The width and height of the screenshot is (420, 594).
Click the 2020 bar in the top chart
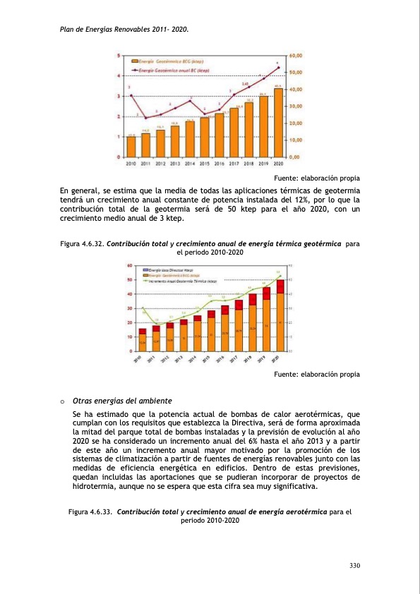tap(278, 122)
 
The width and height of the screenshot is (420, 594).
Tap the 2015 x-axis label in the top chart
tap(205, 164)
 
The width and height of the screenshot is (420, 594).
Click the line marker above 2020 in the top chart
tap(278, 68)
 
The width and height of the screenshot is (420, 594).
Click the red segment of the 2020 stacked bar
tap(280, 286)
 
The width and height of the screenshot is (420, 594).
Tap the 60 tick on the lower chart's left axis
tap(130, 266)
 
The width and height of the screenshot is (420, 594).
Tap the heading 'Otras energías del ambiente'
tap(123, 401)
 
